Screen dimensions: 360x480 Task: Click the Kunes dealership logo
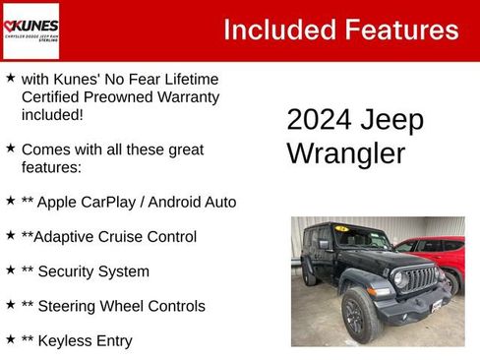31,30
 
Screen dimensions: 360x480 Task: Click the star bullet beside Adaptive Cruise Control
10,236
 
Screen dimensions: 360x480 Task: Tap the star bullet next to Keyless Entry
10,339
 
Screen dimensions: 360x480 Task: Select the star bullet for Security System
10,270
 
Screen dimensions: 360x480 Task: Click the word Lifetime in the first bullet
187,78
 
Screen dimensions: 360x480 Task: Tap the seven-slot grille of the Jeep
420,279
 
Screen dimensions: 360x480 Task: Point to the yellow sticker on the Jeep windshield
341,228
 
